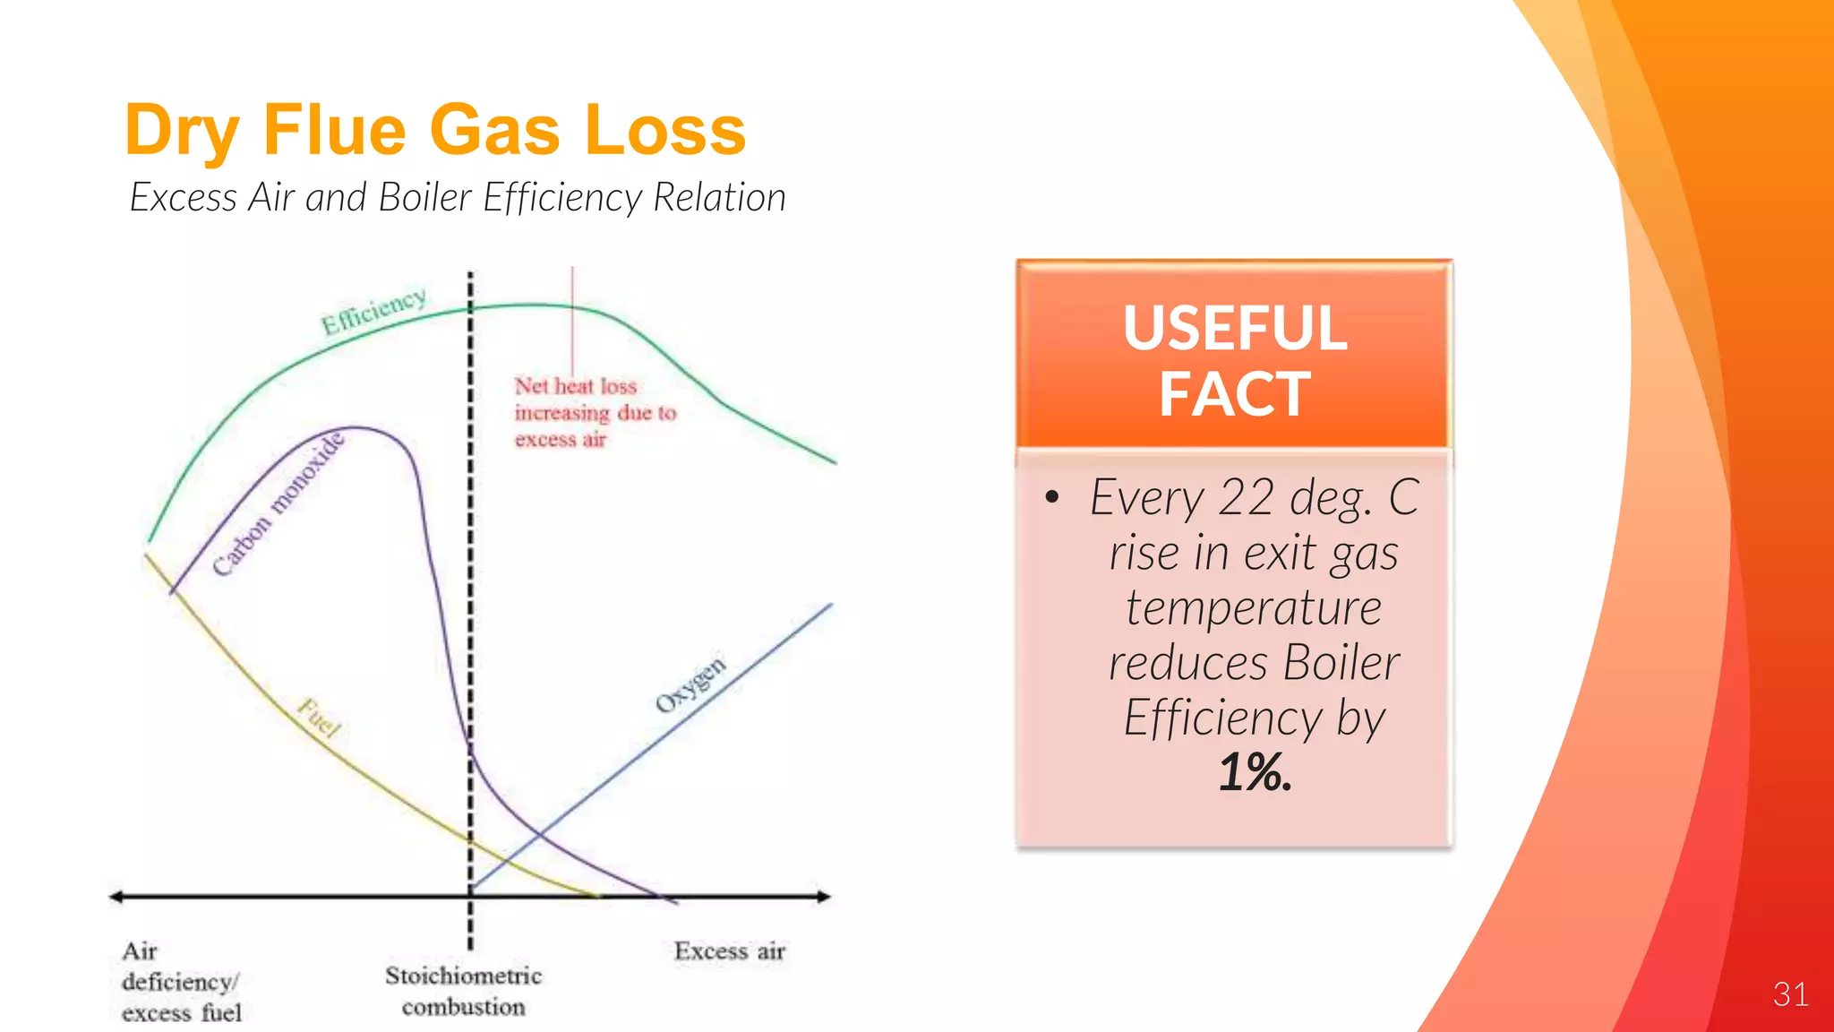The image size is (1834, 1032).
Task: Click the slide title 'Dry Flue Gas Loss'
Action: tap(435, 130)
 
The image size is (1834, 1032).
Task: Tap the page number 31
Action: tap(1790, 994)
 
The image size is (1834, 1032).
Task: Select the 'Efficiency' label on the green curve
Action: tap(373, 310)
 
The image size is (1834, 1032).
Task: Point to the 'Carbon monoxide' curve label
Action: tap(278, 504)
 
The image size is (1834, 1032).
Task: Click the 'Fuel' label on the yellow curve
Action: tap(319, 718)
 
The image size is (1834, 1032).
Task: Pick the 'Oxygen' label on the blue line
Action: tap(690, 685)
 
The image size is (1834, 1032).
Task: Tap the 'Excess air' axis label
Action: tap(729, 950)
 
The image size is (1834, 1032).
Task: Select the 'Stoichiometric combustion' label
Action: tap(463, 991)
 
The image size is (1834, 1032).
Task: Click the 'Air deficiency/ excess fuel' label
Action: tap(182, 982)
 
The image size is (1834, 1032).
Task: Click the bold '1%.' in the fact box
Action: tap(1256, 772)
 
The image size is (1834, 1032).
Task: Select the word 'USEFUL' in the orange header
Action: tap(1235, 328)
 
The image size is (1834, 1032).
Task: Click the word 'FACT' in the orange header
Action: tap(1235, 394)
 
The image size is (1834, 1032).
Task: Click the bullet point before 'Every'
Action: tap(1052, 498)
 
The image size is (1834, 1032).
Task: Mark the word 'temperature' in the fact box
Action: tap(1254, 608)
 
